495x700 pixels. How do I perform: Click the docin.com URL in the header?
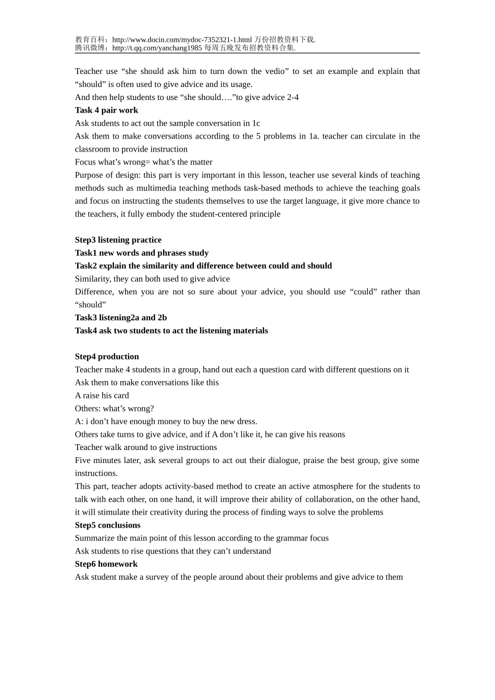click(x=182, y=40)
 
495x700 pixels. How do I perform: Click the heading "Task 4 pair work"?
click(x=106, y=110)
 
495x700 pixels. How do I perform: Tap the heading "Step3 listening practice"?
click(x=118, y=240)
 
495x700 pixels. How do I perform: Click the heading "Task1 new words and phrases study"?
click(x=142, y=253)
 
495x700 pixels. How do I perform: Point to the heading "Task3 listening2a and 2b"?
click(x=121, y=317)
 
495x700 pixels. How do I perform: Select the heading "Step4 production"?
click(x=107, y=356)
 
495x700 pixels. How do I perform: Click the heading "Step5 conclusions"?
click(x=107, y=525)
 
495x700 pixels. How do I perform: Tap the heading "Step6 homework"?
click(x=106, y=564)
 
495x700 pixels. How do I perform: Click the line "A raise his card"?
click(x=102, y=395)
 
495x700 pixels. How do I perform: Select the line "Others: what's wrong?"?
click(x=114, y=408)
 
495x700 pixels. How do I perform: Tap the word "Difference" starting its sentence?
click(x=94, y=292)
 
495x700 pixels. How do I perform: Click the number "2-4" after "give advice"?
click(x=293, y=97)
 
